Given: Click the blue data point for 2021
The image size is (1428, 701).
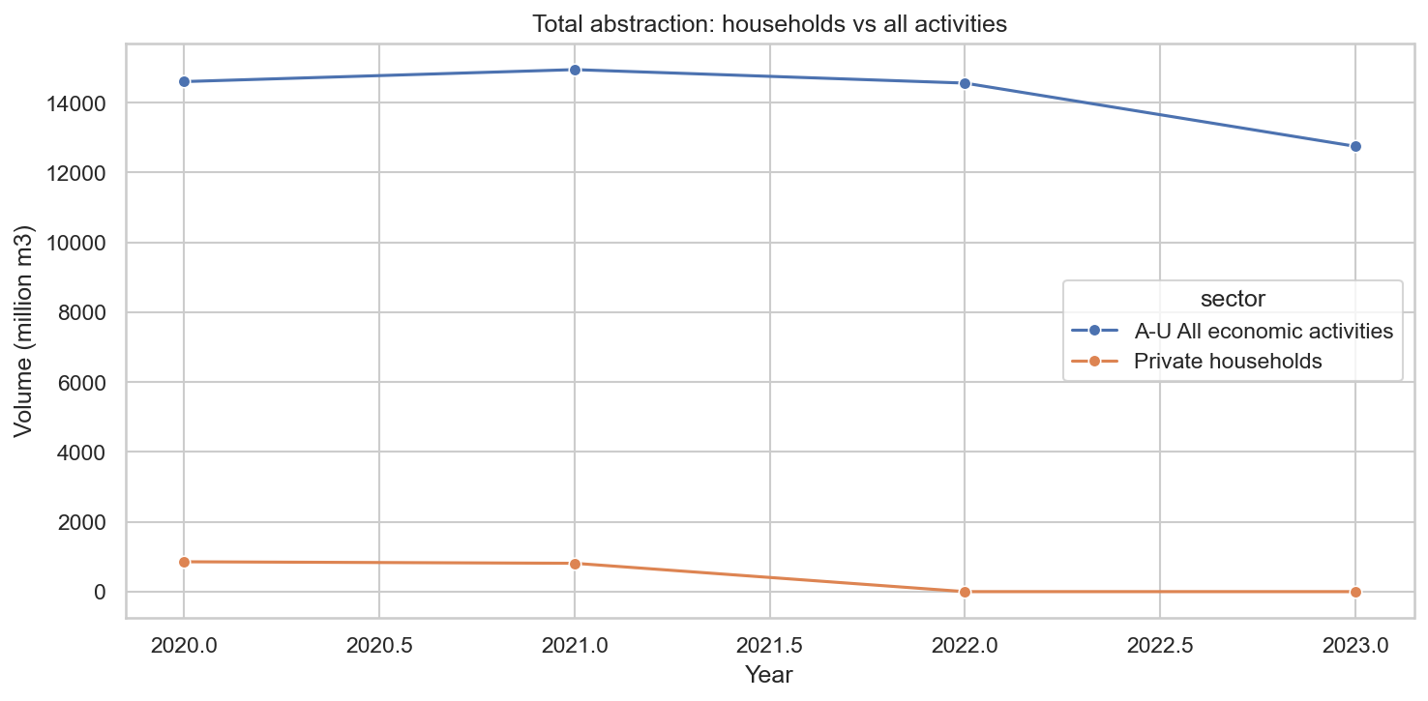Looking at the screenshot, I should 575,70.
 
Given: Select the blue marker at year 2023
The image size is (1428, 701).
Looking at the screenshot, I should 1355,146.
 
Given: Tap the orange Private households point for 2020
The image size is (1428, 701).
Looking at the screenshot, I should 184,562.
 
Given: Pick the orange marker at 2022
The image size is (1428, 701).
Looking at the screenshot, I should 965,592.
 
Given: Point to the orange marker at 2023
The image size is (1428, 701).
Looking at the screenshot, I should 1355,592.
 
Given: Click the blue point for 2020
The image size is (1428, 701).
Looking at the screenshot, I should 184,81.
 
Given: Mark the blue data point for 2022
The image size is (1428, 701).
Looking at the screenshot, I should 965,83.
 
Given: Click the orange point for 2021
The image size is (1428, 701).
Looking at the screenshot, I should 575,564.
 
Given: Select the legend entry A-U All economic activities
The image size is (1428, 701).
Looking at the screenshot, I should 1264,331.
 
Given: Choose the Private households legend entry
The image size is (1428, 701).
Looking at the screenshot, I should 1227,361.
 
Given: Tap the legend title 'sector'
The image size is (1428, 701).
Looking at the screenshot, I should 1233,300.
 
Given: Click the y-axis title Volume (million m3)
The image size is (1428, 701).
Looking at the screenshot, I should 24,330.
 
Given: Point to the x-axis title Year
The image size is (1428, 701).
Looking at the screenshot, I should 769,675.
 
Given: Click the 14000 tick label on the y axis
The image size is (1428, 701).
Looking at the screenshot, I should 79,103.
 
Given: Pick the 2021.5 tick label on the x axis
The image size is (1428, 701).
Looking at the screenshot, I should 769,644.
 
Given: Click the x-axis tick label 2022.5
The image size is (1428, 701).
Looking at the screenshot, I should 1160,644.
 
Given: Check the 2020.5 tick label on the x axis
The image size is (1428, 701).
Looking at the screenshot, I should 379,644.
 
